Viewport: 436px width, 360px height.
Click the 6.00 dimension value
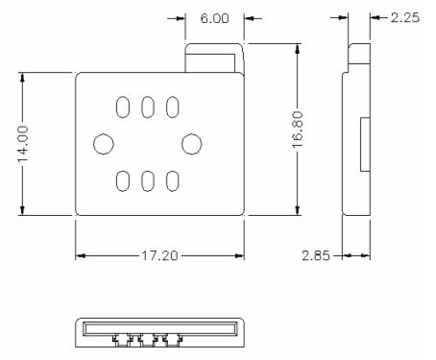214,18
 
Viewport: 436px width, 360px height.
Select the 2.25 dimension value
405,17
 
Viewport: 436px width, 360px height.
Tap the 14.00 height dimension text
23,144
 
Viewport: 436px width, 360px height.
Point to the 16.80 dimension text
298,130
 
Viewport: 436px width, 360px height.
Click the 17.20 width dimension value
159,255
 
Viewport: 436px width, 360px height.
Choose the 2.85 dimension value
316,255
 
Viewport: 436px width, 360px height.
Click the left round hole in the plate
104,144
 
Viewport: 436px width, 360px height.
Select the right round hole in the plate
192,144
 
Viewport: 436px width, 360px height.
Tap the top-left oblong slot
123,108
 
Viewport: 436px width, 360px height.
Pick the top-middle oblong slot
148,108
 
